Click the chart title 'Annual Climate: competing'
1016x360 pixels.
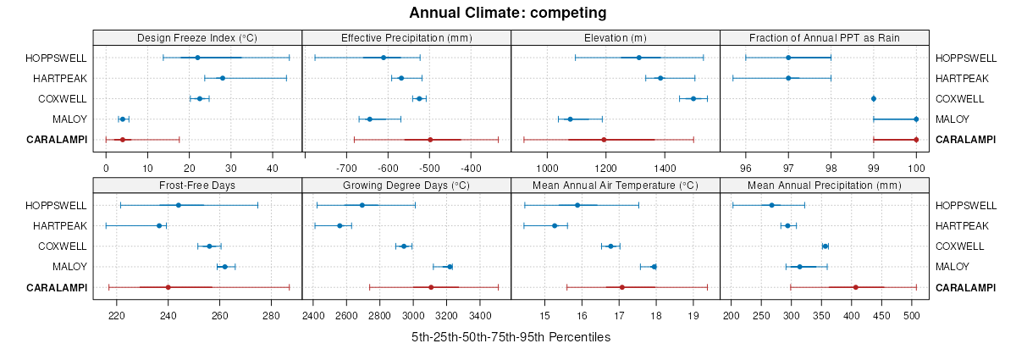click(508, 13)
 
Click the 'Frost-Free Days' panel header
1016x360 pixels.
click(197, 186)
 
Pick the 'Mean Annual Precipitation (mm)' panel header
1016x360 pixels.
click(825, 186)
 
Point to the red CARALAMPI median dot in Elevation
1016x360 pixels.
click(604, 140)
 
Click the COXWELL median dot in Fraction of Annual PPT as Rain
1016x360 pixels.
click(874, 98)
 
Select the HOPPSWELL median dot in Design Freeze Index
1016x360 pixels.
click(197, 58)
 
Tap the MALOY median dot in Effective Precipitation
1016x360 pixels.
click(369, 119)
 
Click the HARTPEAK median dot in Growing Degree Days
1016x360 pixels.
click(340, 225)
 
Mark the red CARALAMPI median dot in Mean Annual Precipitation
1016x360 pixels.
click(856, 287)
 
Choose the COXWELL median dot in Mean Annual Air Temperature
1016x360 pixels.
click(610, 246)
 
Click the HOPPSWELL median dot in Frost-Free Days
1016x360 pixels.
click(179, 205)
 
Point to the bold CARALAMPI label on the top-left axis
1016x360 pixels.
click(57, 140)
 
